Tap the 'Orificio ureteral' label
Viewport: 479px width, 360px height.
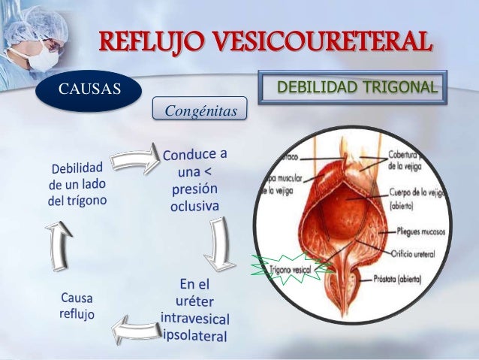tap(414, 254)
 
